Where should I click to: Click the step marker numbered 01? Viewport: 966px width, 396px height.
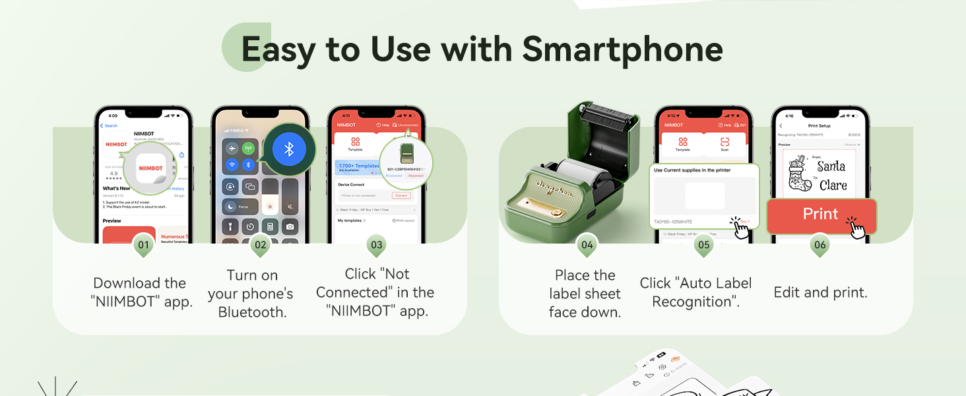pos(143,245)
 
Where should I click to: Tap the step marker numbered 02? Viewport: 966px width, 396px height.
pos(260,245)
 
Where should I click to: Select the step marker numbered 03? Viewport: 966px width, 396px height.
pos(376,245)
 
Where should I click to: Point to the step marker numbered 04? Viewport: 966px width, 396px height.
pos(587,245)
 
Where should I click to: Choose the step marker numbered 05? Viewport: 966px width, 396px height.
pos(703,245)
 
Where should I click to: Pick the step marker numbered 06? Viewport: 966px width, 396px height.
pos(820,245)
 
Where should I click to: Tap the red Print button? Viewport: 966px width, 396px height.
pos(820,214)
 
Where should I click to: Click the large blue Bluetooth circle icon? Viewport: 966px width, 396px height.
pos(289,149)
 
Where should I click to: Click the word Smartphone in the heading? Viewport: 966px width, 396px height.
pos(622,49)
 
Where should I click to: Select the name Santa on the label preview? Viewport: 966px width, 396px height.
pos(831,166)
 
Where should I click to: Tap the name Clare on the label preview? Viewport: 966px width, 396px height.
pos(833,185)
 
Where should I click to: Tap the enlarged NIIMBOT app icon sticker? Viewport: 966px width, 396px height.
pos(151,168)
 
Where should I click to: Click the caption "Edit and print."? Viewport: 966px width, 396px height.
pos(820,292)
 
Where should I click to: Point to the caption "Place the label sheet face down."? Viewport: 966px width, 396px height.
pos(585,294)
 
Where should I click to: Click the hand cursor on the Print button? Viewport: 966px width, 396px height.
pos(856,228)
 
